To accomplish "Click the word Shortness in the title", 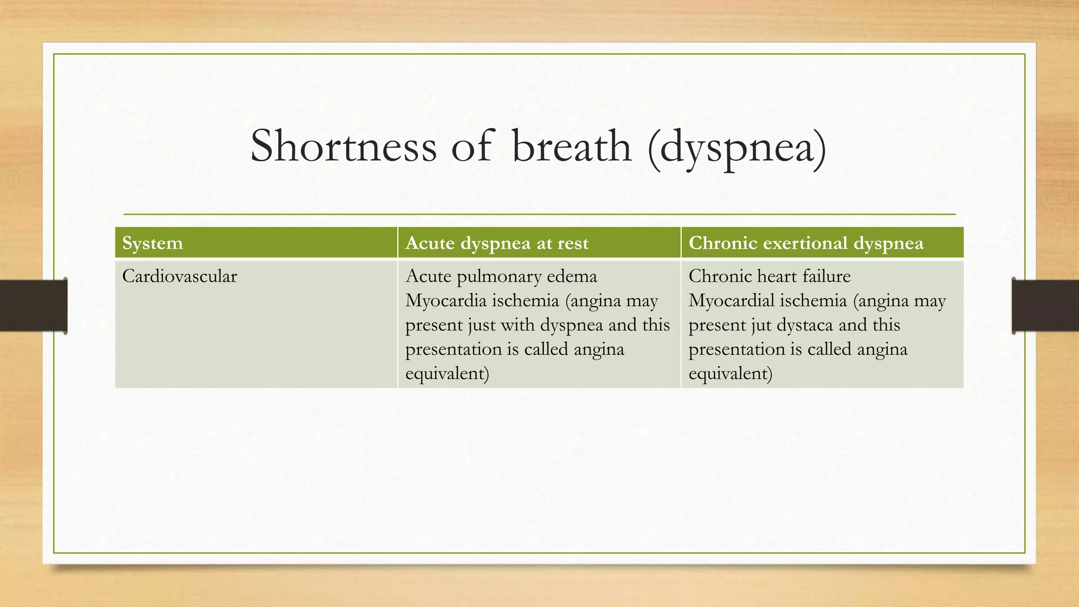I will click(343, 146).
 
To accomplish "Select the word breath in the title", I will click(571, 146).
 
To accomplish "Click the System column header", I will click(153, 243).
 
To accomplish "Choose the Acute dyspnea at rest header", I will click(496, 243).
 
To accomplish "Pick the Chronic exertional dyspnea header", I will click(806, 243).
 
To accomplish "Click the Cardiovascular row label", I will click(180, 276).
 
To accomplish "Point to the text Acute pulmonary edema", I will click(501, 276).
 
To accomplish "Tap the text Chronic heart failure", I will click(769, 276).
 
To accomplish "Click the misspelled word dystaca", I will click(805, 325).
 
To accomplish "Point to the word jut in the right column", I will click(761, 325).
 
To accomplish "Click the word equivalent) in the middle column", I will click(447, 374).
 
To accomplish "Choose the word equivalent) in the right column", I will click(730, 374).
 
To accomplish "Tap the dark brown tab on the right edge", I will click(1045, 306).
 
